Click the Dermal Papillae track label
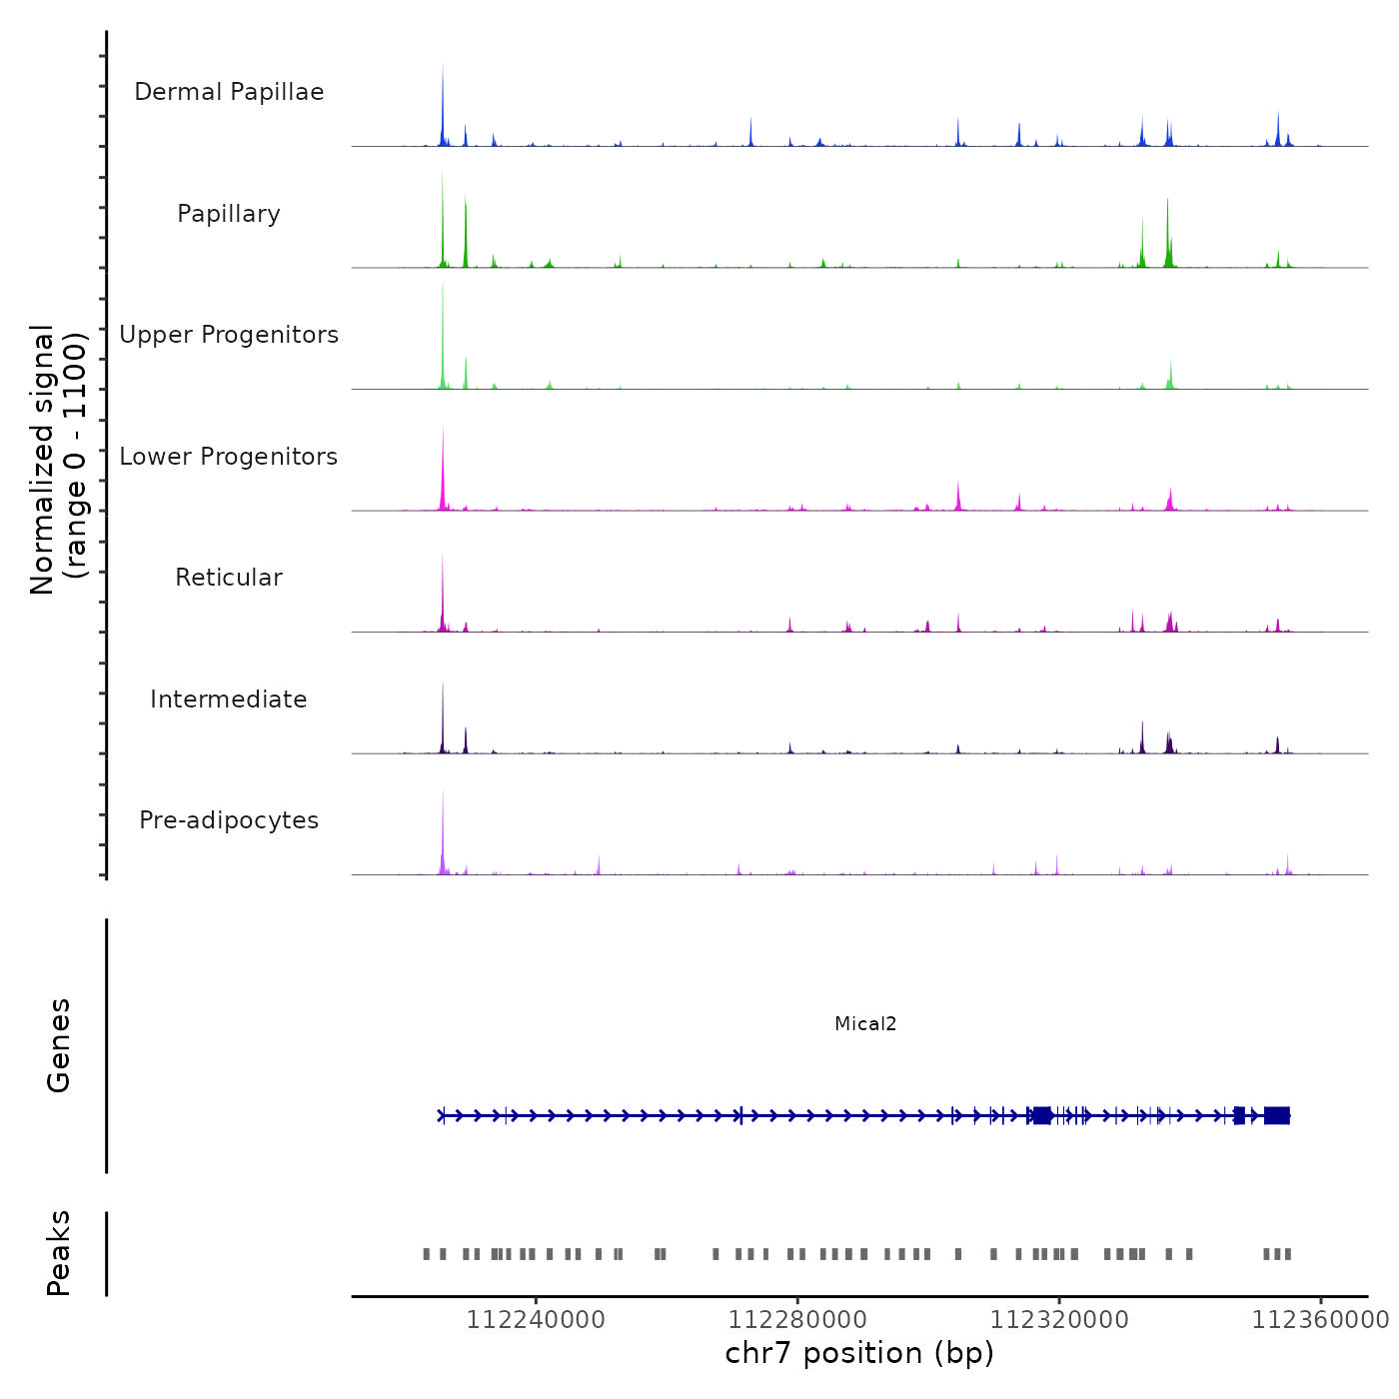click(x=229, y=92)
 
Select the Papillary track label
click(x=229, y=214)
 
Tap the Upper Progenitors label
click(x=229, y=335)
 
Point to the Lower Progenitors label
click(x=229, y=457)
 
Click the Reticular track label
click(x=229, y=578)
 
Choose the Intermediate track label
click(x=229, y=699)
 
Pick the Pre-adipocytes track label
click(x=229, y=820)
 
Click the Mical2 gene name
click(x=865, y=1023)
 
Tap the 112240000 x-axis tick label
click(x=536, y=1320)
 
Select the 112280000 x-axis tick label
click(x=797, y=1320)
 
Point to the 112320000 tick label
click(x=1059, y=1320)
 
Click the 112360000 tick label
click(x=1321, y=1320)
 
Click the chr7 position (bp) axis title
click(x=859, y=1353)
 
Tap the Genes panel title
click(x=59, y=1045)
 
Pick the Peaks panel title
click(x=59, y=1253)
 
